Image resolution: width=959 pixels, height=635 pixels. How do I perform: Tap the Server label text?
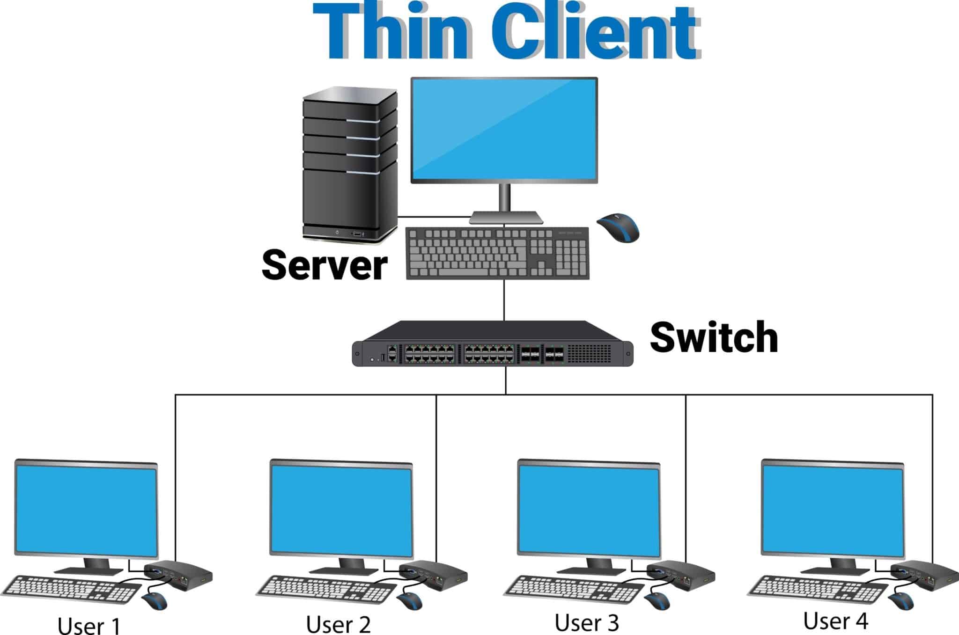coord(325,265)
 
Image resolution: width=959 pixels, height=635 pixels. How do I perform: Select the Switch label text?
coord(714,337)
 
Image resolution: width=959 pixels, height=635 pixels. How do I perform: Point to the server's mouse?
coord(618,228)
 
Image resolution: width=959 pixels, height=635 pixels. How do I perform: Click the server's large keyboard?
coord(497,253)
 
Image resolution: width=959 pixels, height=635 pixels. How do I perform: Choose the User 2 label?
coord(338,624)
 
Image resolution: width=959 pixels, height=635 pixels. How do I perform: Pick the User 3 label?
coord(587,623)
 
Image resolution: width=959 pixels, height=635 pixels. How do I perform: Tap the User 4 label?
coord(835,621)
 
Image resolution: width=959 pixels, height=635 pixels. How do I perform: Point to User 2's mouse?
coord(409,601)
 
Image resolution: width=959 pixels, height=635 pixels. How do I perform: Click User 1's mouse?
coord(155,601)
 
